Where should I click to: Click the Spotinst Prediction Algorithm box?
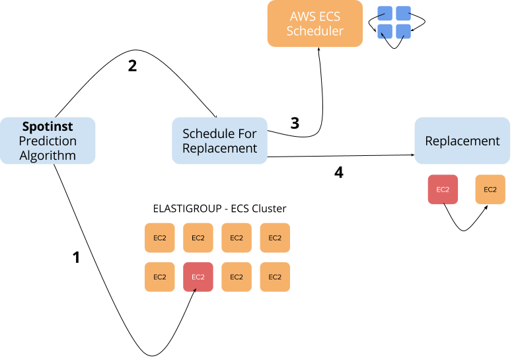coord(48,140)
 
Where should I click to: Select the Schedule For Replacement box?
coord(219,140)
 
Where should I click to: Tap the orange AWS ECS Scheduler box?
coord(314,24)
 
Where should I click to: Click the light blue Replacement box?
coord(462,140)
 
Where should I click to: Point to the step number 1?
coord(75,258)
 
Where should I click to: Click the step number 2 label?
coord(132,66)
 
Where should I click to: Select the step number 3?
coord(295,123)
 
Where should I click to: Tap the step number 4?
coord(339,173)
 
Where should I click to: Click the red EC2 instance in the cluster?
coord(198,277)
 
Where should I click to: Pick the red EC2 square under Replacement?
coord(442,190)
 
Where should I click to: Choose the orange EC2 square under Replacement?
coord(490,190)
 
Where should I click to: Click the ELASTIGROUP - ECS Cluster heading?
coord(219,209)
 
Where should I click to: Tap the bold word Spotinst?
coord(48,126)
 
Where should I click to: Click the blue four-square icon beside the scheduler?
coord(393,22)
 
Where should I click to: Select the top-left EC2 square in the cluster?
coord(159,238)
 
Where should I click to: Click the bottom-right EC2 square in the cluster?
coord(274,277)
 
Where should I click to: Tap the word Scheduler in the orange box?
coord(314,30)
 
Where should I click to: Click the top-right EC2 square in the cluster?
coord(274,238)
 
